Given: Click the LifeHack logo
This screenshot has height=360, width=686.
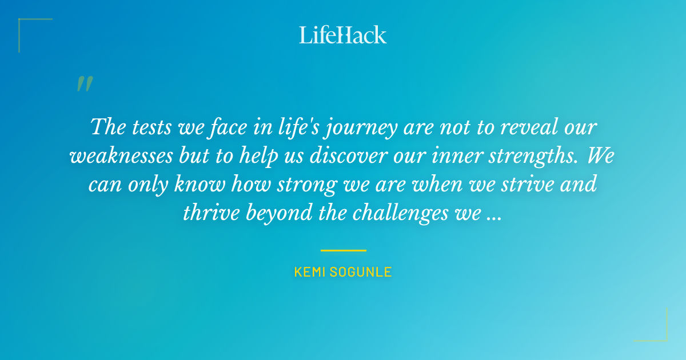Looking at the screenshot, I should point(343,35).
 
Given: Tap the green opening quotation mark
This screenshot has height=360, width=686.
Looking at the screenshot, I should point(85,84).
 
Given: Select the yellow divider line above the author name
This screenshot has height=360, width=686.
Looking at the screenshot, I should point(343,250).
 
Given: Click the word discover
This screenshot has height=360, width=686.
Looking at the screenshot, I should point(345,156).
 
